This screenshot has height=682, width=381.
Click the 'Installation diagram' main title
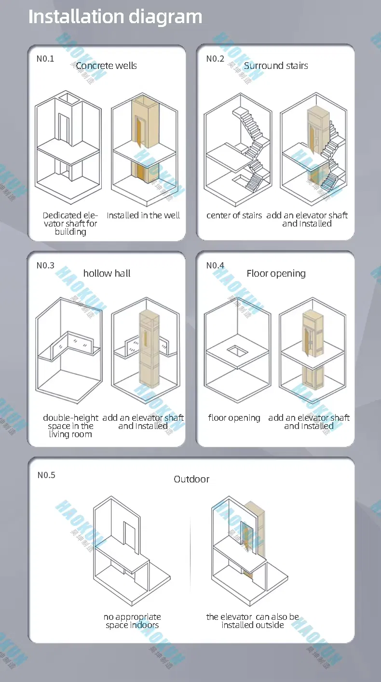115,17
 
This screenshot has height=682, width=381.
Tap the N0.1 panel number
45,59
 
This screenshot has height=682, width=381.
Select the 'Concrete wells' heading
106,66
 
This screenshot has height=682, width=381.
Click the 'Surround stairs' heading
276,66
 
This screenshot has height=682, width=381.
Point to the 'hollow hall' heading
107,273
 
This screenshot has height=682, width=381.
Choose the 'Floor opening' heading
276,273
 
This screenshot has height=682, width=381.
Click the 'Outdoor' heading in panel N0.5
191,479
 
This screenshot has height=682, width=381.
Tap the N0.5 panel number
46,475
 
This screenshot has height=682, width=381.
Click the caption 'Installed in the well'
143,215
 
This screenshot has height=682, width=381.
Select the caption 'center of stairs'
234,215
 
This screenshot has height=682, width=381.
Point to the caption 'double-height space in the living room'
70,426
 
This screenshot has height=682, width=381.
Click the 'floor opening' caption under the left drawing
234,418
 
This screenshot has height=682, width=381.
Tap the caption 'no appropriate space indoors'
132,621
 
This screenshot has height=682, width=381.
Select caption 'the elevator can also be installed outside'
252,621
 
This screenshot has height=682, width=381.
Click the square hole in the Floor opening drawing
237,350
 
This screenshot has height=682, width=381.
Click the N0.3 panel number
45,266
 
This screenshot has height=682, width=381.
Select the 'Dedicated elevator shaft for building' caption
70,224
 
